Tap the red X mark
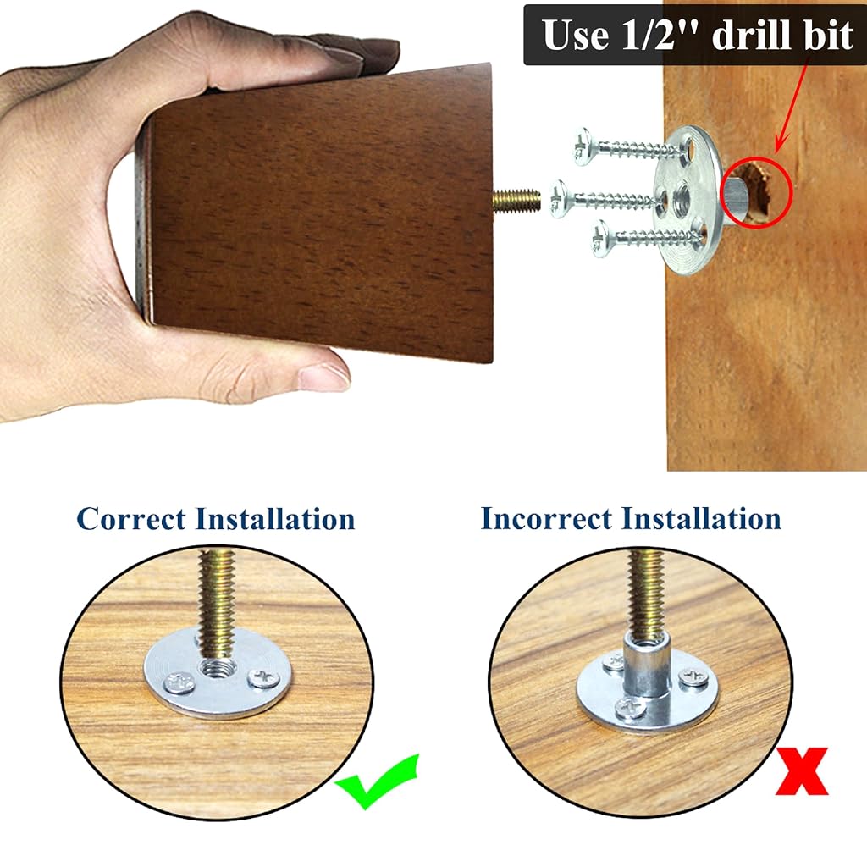click(x=802, y=771)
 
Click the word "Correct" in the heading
click(x=131, y=519)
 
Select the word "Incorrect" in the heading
click(x=546, y=519)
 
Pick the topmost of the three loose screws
click(x=630, y=147)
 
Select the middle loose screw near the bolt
click(x=605, y=198)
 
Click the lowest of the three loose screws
click(x=647, y=238)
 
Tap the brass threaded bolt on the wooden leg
click(x=516, y=200)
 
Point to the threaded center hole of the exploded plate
click(x=678, y=204)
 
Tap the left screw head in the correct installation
click(x=180, y=683)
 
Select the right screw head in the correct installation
click(x=264, y=678)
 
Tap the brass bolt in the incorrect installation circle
click(x=644, y=593)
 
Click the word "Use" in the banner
click(x=575, y=35)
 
